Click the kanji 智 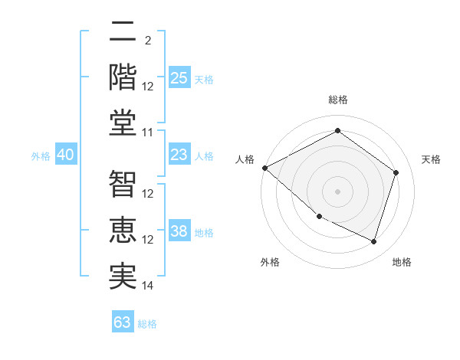point(123,184)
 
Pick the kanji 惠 point(123,230)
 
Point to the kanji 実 point(123,276)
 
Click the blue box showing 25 point(179,77)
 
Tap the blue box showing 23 point(179,155)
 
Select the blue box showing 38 point(179,231)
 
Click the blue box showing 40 point(65,155)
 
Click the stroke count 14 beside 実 point(148,286)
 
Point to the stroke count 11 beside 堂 point(148,133)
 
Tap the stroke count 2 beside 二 point(147,40)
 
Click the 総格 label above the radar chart point(337,100)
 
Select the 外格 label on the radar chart point(270,262)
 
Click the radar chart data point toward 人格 point(264,168)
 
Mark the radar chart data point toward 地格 point(373,241)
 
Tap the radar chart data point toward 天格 point(396,172)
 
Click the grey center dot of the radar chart point(337,191)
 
